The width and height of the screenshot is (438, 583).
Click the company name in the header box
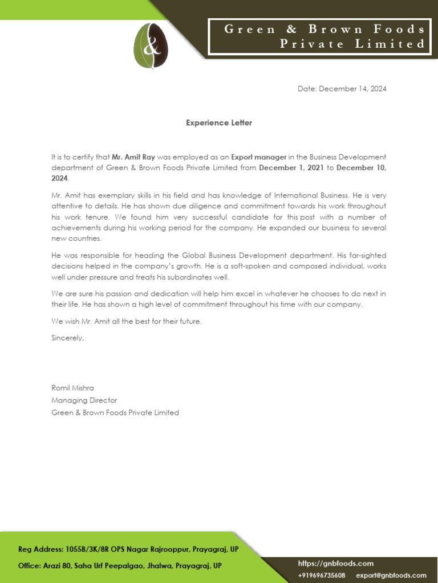click(325, 36)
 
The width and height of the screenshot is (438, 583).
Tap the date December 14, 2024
click(342, 89)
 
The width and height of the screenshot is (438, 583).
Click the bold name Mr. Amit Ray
click(133, 157)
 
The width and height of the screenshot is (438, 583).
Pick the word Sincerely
click(67, 338)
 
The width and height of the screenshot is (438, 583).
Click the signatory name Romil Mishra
click(73, 388)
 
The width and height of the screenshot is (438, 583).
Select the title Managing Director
click(84, 400)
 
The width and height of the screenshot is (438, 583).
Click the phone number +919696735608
click(322, 575)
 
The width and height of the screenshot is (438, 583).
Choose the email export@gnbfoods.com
click(391, 575)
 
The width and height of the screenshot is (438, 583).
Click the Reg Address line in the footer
click(128, 549)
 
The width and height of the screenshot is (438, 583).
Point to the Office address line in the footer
click(120, 566)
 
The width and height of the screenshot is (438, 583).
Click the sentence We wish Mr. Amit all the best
click(127, 321)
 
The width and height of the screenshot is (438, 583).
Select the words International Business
click(315, 195)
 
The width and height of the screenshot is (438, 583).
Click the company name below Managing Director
click(115, 412)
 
